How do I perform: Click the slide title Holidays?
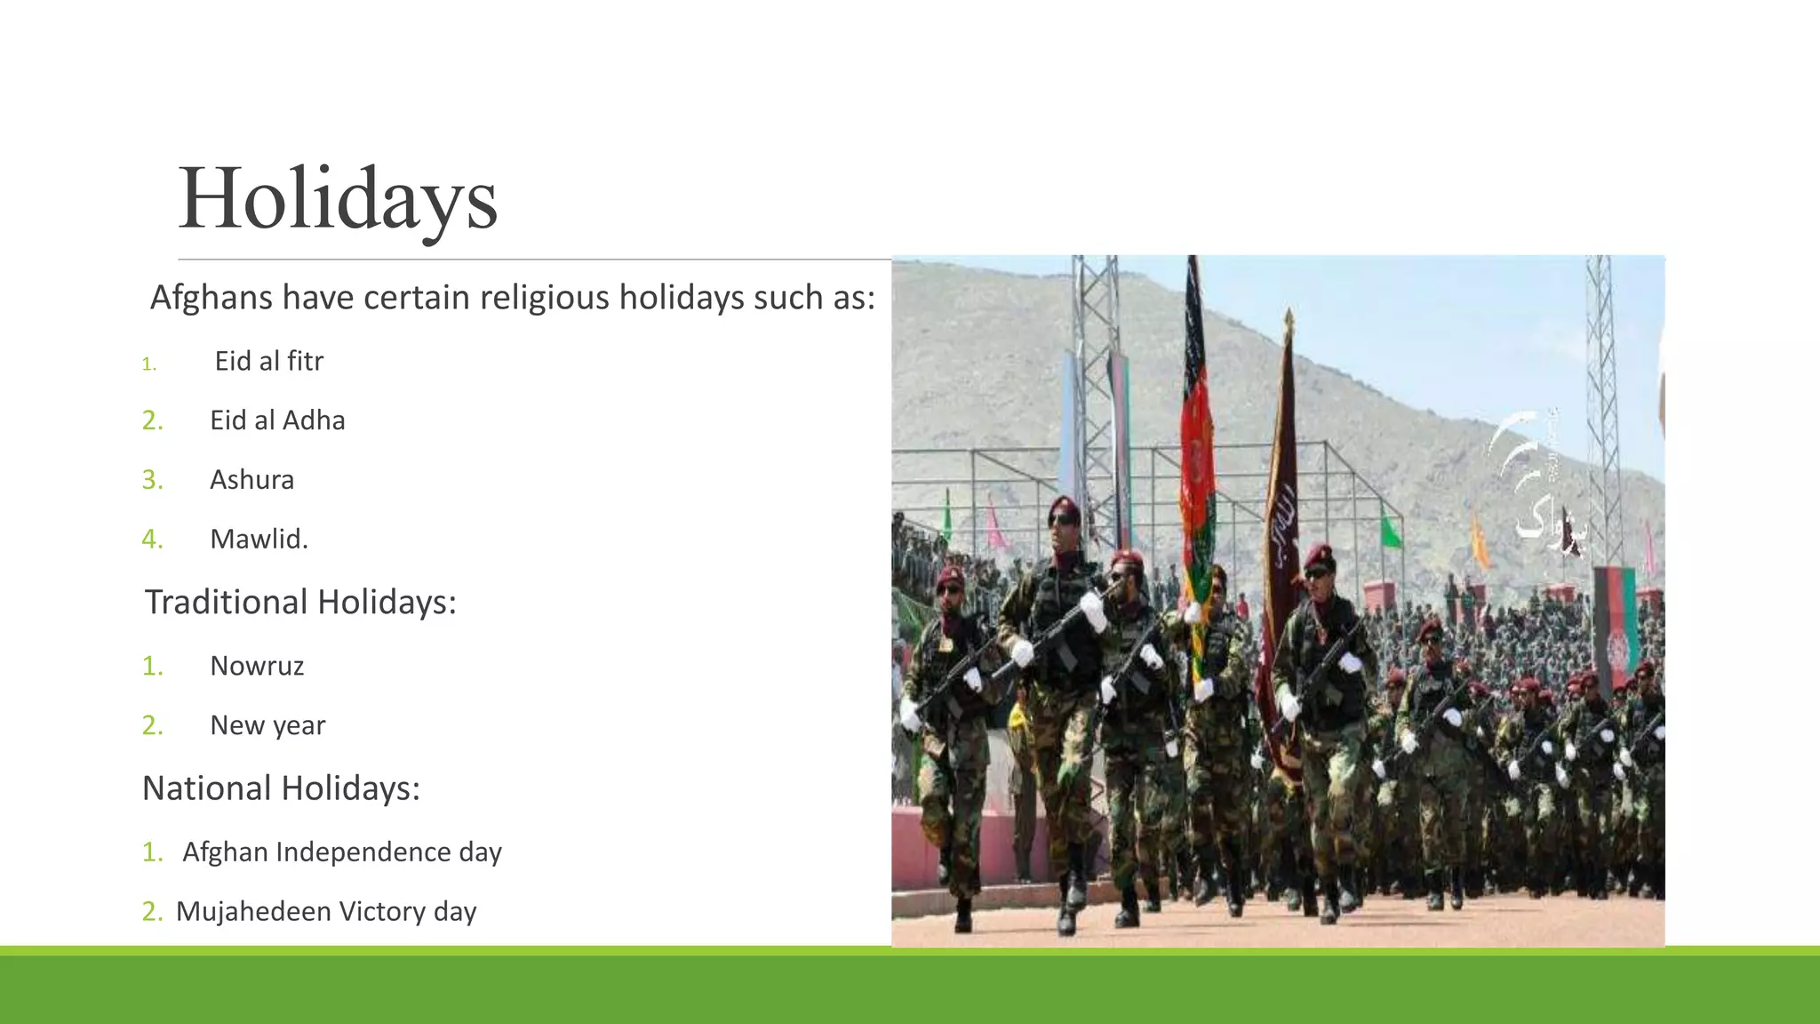338,198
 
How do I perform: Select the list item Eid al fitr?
268,361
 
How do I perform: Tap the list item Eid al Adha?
277,420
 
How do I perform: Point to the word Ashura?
251,480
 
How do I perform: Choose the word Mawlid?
259,539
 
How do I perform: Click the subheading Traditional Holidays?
300,603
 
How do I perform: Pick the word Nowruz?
257,666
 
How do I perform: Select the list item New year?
267,725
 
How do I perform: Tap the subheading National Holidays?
281,788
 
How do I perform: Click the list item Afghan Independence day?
342,852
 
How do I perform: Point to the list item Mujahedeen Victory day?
326,911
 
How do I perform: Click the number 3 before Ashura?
152,480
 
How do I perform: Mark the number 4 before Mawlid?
152,539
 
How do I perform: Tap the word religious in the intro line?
545,298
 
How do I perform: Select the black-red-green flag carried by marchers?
1196,427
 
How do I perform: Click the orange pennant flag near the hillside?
1479,542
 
